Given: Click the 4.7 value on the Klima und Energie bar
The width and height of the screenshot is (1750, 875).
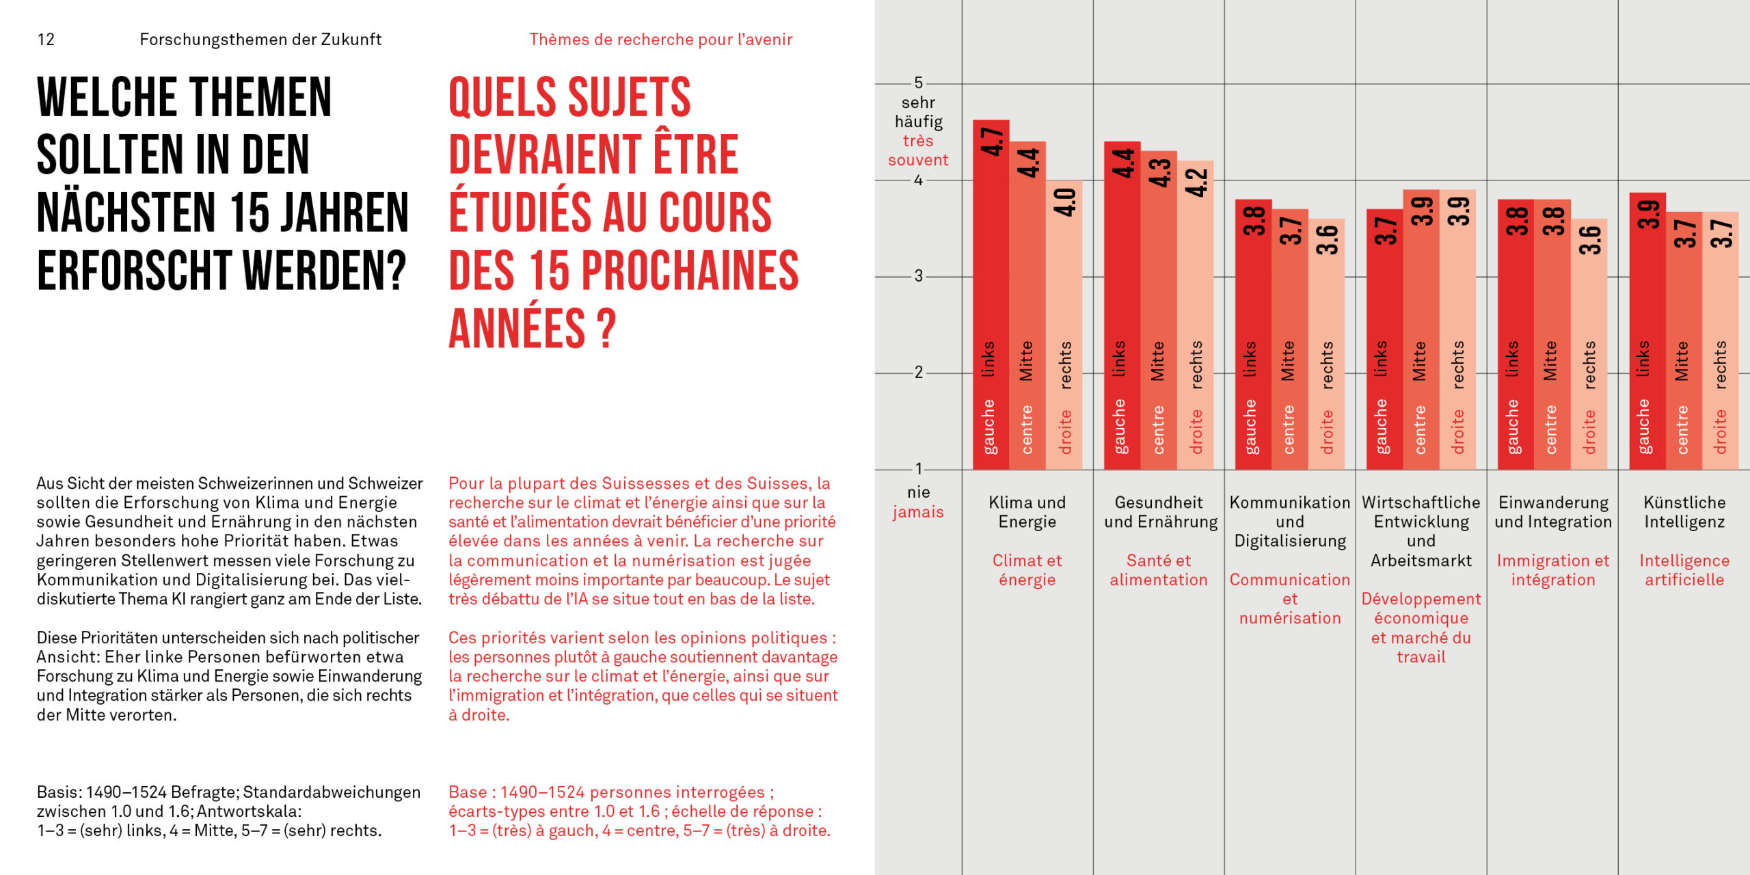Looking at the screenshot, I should (x=991, y=142).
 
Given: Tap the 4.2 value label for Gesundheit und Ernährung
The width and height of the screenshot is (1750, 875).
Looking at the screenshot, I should (x=1196, y=182).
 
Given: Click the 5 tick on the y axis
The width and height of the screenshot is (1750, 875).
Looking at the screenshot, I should (x=919, y=83).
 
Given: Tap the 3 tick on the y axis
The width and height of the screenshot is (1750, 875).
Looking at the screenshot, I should (x=919, y=276).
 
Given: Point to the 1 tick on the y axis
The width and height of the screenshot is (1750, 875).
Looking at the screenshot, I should (x=919, y=468).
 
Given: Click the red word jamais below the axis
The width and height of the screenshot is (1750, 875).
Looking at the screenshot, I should (x=918, y=512).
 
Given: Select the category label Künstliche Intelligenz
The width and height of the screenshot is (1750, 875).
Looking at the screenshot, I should (x=1684, y=512).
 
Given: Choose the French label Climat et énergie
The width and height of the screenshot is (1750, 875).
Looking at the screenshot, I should (x=1027, y=570).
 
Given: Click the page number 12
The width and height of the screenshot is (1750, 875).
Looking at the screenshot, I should (x=46, y=40).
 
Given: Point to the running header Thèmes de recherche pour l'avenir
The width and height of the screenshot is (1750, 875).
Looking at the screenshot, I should (x=660, y=40).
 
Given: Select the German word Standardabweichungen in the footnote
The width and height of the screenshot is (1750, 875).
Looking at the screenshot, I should (x=332, y=792).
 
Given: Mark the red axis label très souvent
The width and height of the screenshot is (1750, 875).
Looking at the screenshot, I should (x=918, y=150).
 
